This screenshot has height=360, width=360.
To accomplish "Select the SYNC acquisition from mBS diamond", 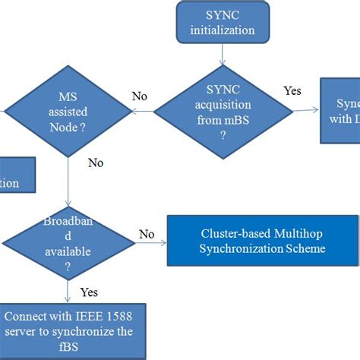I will (221, 111).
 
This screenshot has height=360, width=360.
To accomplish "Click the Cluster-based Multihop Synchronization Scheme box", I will (263, 242).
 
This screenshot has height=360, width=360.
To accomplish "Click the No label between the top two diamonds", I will (140, 97).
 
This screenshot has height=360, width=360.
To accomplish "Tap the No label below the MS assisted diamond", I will (96, 163).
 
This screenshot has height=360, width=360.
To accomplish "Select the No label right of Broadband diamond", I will (147, 235).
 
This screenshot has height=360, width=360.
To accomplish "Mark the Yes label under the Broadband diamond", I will (89, 292).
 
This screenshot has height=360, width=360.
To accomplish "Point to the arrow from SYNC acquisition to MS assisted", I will (143, 112).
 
